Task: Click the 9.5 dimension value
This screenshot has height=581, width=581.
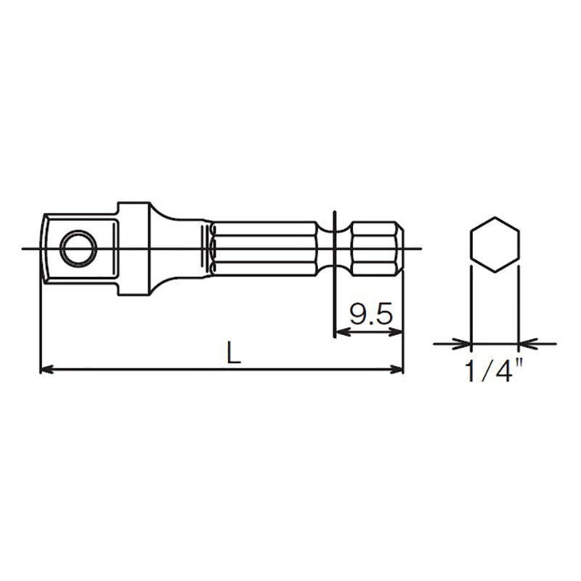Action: [370, 314]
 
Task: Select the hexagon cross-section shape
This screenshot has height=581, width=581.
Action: [495, 245]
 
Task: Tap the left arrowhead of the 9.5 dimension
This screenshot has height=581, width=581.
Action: [340, 332]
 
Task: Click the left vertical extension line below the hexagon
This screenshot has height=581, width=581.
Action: [471, 305]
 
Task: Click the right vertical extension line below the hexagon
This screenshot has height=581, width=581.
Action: [519, 305]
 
